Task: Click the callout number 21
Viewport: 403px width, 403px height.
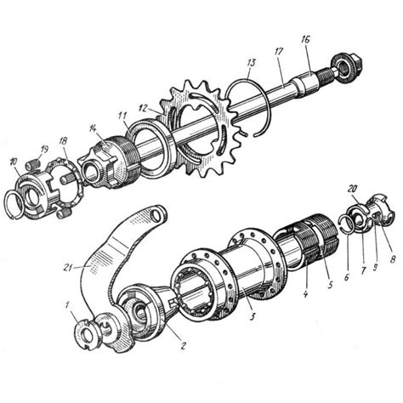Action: pos(67,268)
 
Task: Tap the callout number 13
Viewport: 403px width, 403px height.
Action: pos(251,63)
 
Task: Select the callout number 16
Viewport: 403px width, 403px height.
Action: pos(305,40)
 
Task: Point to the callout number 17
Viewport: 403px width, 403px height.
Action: pos(278,53)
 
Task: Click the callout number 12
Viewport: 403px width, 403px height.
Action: pos(144,108)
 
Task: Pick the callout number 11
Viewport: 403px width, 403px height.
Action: pos(122,116)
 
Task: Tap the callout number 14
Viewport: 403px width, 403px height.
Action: pos(93,128)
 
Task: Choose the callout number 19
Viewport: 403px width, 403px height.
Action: pos(44,150)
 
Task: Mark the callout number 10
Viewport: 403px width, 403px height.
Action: pos(14,162)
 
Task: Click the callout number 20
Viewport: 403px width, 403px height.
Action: pos(353,189)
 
